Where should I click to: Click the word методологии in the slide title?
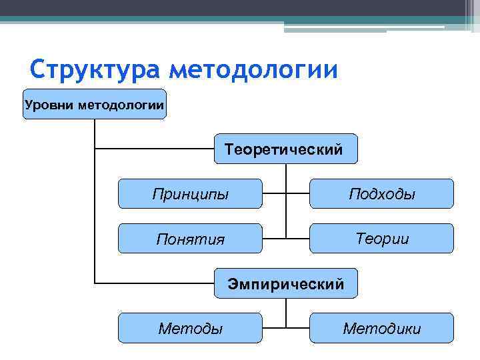click(x=253, y=69)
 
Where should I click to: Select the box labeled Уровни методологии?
click(x=95, y=104)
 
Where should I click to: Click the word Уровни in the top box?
click(x=49, y=104)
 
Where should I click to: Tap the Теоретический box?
click(x=285, y=149)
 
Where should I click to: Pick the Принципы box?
click(x=190, y=194)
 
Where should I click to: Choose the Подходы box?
click(x=381, y=194)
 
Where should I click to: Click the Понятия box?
click(x=190, y=239)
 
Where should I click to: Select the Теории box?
click(x=381, y=239)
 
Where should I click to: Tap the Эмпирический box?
click(x=285, y=284)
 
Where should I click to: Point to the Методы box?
click(x=190, y=328)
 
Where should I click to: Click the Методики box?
click(x=381, y=328)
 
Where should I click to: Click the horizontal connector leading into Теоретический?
click(x=153, y=149)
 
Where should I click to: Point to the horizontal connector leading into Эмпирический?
click(x=153, y=283)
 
